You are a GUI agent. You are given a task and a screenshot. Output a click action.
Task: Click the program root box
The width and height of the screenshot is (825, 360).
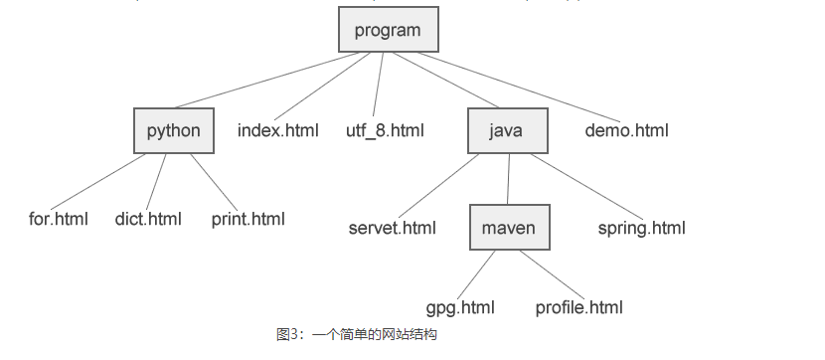pos(388,30)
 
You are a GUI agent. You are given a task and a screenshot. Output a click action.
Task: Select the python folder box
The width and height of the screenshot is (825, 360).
pos(174,130)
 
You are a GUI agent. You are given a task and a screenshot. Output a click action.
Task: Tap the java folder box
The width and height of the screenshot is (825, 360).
pos(507,130)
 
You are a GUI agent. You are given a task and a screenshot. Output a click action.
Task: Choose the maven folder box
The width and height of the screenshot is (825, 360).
pos(509,228)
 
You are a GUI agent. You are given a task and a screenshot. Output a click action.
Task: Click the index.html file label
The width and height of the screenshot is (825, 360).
pos(278,130)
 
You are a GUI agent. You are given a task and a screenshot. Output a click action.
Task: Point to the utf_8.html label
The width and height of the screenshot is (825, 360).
pos(385,130)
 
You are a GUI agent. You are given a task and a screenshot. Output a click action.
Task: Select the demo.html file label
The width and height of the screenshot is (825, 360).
pos(626,130)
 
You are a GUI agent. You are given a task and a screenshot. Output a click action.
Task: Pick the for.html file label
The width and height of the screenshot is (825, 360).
pos(59,219)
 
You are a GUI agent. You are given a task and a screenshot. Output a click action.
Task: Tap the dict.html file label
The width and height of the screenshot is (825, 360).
pos(149,219)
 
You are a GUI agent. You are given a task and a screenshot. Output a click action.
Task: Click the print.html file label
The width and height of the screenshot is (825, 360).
pos(247,219)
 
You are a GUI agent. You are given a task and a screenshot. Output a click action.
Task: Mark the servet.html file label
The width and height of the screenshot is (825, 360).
pos(393,228)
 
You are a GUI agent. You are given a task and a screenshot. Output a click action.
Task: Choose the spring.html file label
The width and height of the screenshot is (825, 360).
pos(642,228)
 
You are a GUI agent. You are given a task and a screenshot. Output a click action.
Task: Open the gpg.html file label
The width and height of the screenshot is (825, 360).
pos(460,307)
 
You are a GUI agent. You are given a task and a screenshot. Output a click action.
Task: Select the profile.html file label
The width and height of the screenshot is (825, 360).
pos(578,307)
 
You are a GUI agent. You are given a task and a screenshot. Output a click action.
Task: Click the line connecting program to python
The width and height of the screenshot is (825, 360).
pos(263,80)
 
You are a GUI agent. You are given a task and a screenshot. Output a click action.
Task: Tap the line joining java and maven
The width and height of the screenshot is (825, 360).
pos(509,179)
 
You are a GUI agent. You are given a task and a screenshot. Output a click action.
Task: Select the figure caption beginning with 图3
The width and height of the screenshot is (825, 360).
pos(357,335)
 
